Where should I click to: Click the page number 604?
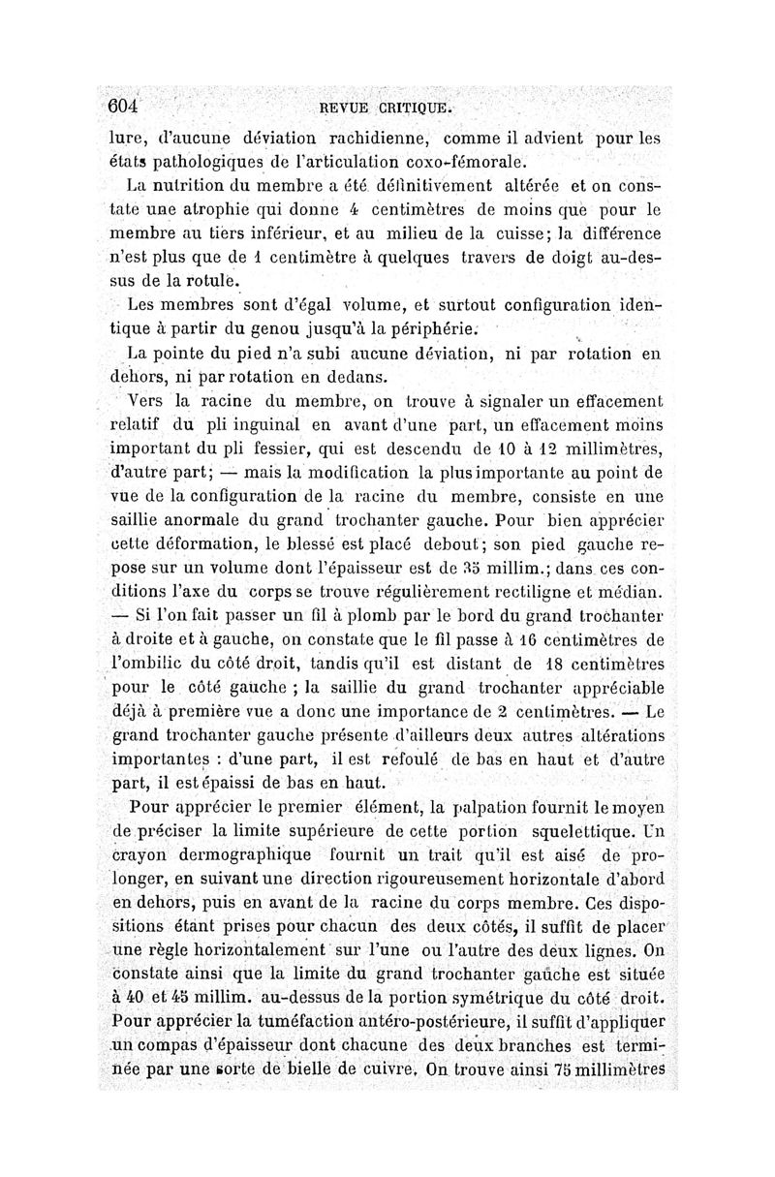(x=125, y=104)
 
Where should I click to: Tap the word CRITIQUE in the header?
(x=420, y=106)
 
